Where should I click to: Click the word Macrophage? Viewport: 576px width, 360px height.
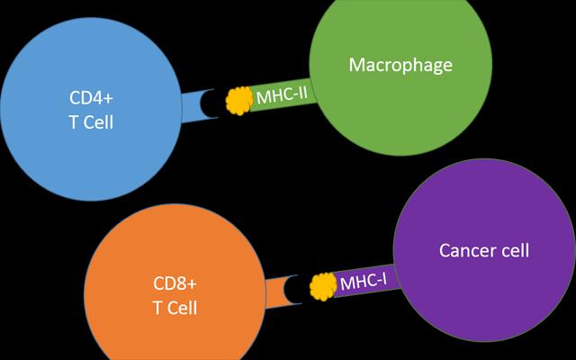400,66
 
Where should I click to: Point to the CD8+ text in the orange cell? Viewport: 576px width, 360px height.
175,283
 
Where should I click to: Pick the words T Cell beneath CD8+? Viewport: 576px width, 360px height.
175,308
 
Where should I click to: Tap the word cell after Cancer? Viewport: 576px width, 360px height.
513,250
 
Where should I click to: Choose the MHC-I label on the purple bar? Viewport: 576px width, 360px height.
364,283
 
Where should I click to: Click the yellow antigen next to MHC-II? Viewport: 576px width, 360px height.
238,100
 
